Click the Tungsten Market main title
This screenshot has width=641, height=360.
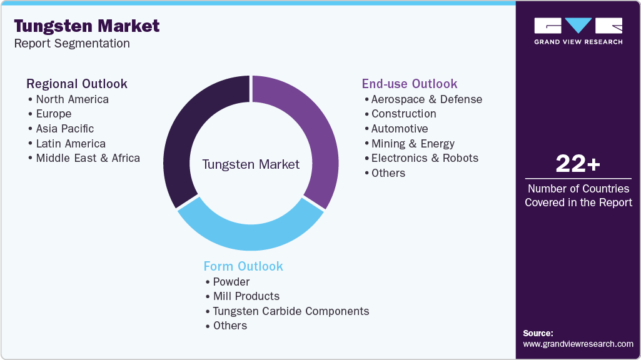point(86,26)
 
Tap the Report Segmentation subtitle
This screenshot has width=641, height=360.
point(72,44)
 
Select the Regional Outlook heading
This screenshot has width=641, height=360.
point(76,84)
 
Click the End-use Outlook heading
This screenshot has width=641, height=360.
point(410,84)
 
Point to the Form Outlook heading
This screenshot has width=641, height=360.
point(243,266)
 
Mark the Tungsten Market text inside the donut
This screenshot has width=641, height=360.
point(251,164)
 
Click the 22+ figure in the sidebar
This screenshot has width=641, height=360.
point(578,164)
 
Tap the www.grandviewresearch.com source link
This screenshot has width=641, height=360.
point(578,344)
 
